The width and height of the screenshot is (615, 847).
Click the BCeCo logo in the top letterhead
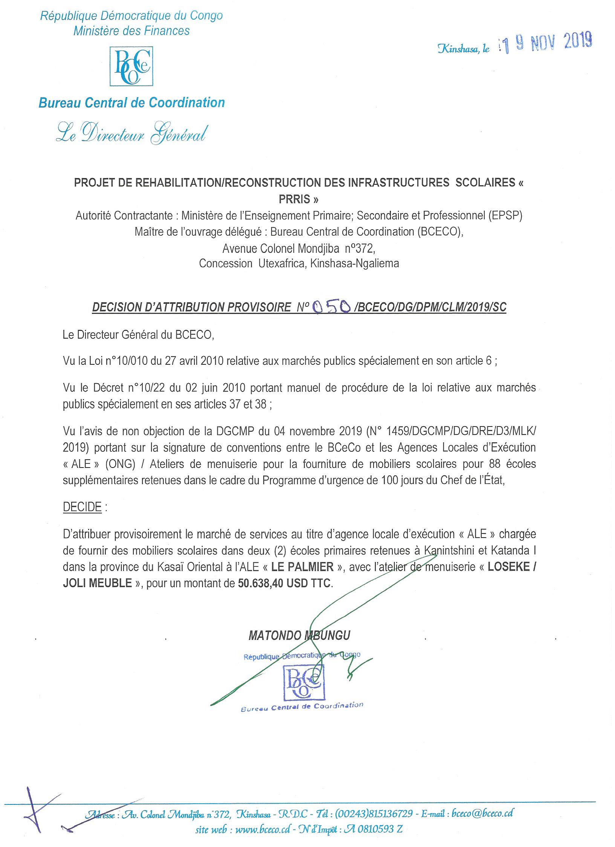pos(131,66)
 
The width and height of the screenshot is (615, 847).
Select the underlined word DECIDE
pos(82,507)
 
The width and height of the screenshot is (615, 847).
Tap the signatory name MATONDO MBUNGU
pos(299,636)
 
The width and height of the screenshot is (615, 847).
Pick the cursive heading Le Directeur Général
pos(131,134)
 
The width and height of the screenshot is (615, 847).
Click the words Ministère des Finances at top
pos(131,30)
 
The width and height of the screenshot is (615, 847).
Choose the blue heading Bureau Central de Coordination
pos(131,102)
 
